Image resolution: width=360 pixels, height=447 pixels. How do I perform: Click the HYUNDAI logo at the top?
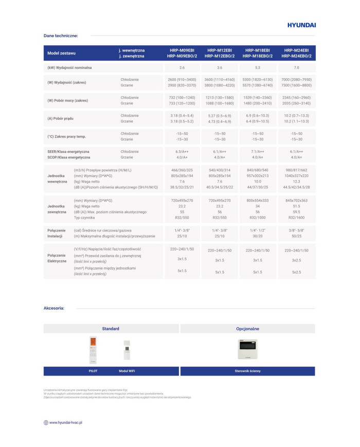[301, 25]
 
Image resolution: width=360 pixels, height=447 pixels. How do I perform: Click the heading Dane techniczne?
[61, 35]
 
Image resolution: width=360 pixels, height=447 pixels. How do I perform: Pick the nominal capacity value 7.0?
[296, 67]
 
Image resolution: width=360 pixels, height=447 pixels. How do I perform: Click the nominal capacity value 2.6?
[182, 67]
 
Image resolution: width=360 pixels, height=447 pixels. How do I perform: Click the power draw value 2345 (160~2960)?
[296, 97]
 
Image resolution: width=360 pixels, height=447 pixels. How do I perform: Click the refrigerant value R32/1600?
[296, 218]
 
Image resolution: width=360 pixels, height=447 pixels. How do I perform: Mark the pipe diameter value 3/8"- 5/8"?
[296, 230]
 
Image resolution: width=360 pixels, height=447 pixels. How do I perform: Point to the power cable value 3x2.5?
[296, 260]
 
